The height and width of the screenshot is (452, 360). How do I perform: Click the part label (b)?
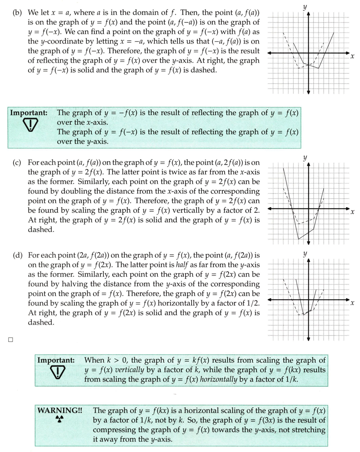(x=17, y=13)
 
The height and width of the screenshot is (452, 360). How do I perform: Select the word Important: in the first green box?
(x=28, y=113)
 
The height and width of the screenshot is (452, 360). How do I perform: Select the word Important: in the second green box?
(x=56, y=360)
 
